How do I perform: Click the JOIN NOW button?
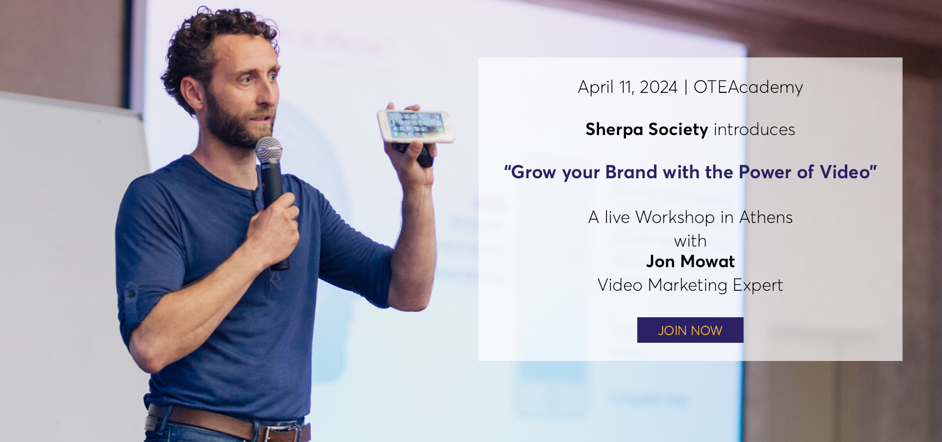click(x=690, y=330)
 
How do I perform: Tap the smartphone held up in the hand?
click(x=416, y=126)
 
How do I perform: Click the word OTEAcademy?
click(x=748, y=87)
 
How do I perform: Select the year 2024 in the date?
click(x=658, y=87)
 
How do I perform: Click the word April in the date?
click(x=596, y=87)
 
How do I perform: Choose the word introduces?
click(x=754, y=130)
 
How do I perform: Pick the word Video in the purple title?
click(x=845, y=172)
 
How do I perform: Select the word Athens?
click(x=766, y=217)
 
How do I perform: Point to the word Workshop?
click(x=675, y=217)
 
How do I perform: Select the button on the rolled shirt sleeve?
click(x=131, y=294)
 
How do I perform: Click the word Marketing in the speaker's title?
click(x=687, y=285)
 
